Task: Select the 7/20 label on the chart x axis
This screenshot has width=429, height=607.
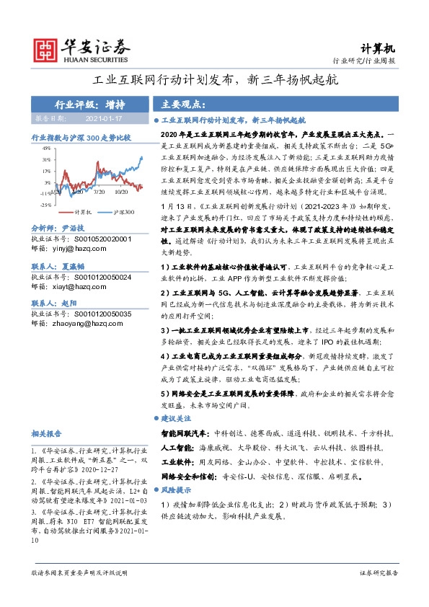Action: (99, 192)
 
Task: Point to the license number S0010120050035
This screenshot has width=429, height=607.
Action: (100, 316)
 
